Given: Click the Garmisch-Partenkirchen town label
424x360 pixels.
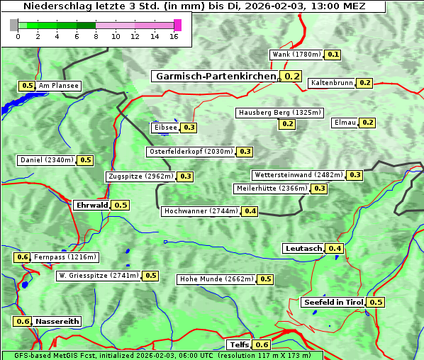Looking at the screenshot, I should tap(214, 77).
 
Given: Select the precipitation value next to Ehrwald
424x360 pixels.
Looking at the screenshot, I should tap(121, 206).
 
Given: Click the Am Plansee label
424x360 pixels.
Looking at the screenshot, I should tap(59, 86).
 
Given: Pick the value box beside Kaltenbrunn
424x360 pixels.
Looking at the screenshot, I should tap(364, 83).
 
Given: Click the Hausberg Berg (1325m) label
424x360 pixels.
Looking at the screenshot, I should tap(280, 113).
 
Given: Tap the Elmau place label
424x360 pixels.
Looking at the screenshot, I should tap(345, 123).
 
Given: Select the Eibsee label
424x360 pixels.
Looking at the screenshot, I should tap(165, 128).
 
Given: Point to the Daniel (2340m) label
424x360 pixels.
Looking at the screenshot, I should tap(46, 160).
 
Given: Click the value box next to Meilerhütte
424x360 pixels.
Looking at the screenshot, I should tap(320, 189).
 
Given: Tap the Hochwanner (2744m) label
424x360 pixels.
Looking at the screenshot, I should tap(201, 211).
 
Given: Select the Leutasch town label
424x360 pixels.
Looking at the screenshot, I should tap(303, 248).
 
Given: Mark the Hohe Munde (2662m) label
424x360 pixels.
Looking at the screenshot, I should tap(216, 279).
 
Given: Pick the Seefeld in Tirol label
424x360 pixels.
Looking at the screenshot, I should tap(333, 303).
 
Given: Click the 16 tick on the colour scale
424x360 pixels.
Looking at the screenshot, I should tap(174, 36).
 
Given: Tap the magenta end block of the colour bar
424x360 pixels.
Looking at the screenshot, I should tap(177, 25).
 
